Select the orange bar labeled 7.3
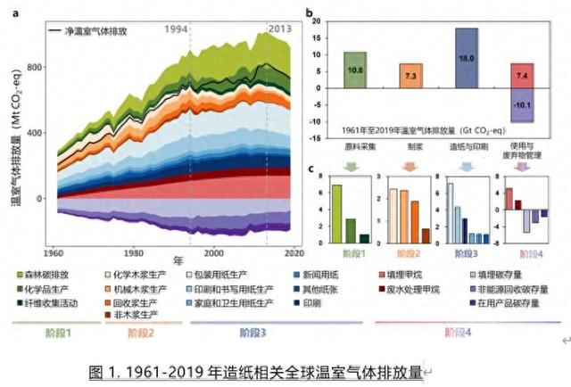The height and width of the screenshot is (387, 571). [x=410, y=77]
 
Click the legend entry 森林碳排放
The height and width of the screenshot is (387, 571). [x=49, y=276]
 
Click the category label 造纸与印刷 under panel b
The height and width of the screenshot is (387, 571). [x=466, y=143]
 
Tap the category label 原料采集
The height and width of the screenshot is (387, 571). [x=355, y=143]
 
